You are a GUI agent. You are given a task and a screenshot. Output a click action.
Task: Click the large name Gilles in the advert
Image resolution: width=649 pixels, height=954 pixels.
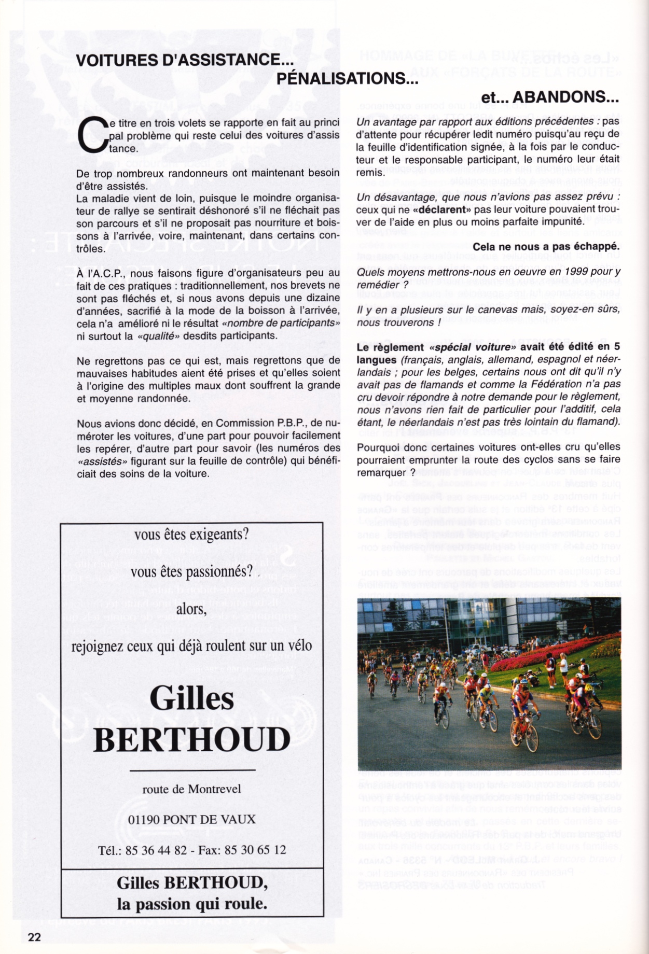191,699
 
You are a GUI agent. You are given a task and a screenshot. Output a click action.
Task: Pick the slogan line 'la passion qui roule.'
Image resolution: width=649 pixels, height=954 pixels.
192,904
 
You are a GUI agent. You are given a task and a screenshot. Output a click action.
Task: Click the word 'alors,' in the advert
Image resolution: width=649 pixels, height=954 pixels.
191,609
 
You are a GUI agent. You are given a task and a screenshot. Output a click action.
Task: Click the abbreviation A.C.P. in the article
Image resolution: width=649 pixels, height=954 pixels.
105,273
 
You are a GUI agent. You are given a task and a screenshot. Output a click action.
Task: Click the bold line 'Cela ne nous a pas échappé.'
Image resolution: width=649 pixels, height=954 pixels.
546,247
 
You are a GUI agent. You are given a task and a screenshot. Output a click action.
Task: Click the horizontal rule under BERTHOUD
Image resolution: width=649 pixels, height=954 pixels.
192,771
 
